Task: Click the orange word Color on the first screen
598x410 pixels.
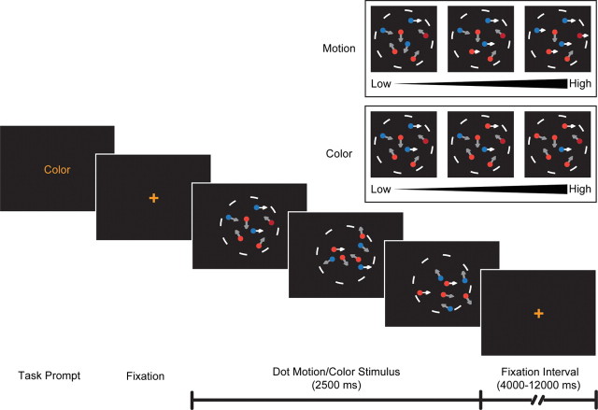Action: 57,170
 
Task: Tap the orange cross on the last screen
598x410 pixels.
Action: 538,314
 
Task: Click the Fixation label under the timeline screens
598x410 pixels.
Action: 145,375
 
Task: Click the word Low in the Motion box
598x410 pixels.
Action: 379,84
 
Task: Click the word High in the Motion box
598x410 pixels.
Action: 580,84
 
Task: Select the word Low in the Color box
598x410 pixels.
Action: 379,189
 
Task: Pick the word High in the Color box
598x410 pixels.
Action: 580,189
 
